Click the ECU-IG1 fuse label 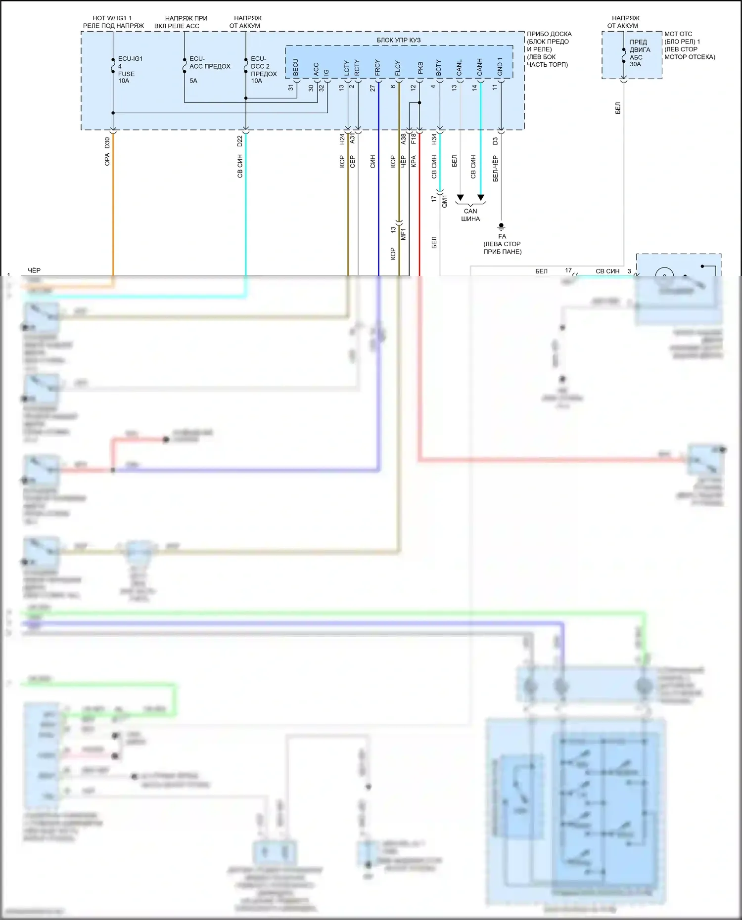tap(130, 70)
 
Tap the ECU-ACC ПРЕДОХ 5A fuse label tap(209, 69)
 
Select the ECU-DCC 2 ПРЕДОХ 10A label tap(263, 70)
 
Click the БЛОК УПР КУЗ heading tap(399, 40)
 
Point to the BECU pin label tap(296, 68)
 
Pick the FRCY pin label tap(377, 68)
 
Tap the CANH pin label tap(479, 67)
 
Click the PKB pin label tap(420, 68)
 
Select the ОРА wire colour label tap(107, 159)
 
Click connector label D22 tap(240, 141)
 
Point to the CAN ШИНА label tap(470, 215)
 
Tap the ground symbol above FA tap(501, 227)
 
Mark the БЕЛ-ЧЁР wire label tap(495, 169)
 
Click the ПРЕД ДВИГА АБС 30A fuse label tap(640, 53)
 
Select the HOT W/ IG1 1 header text tap(112, 18)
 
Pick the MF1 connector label tap(403, 234)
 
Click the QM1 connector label tap(444, 201)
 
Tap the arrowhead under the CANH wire tap(480, 198)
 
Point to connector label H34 tap(434, 139)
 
